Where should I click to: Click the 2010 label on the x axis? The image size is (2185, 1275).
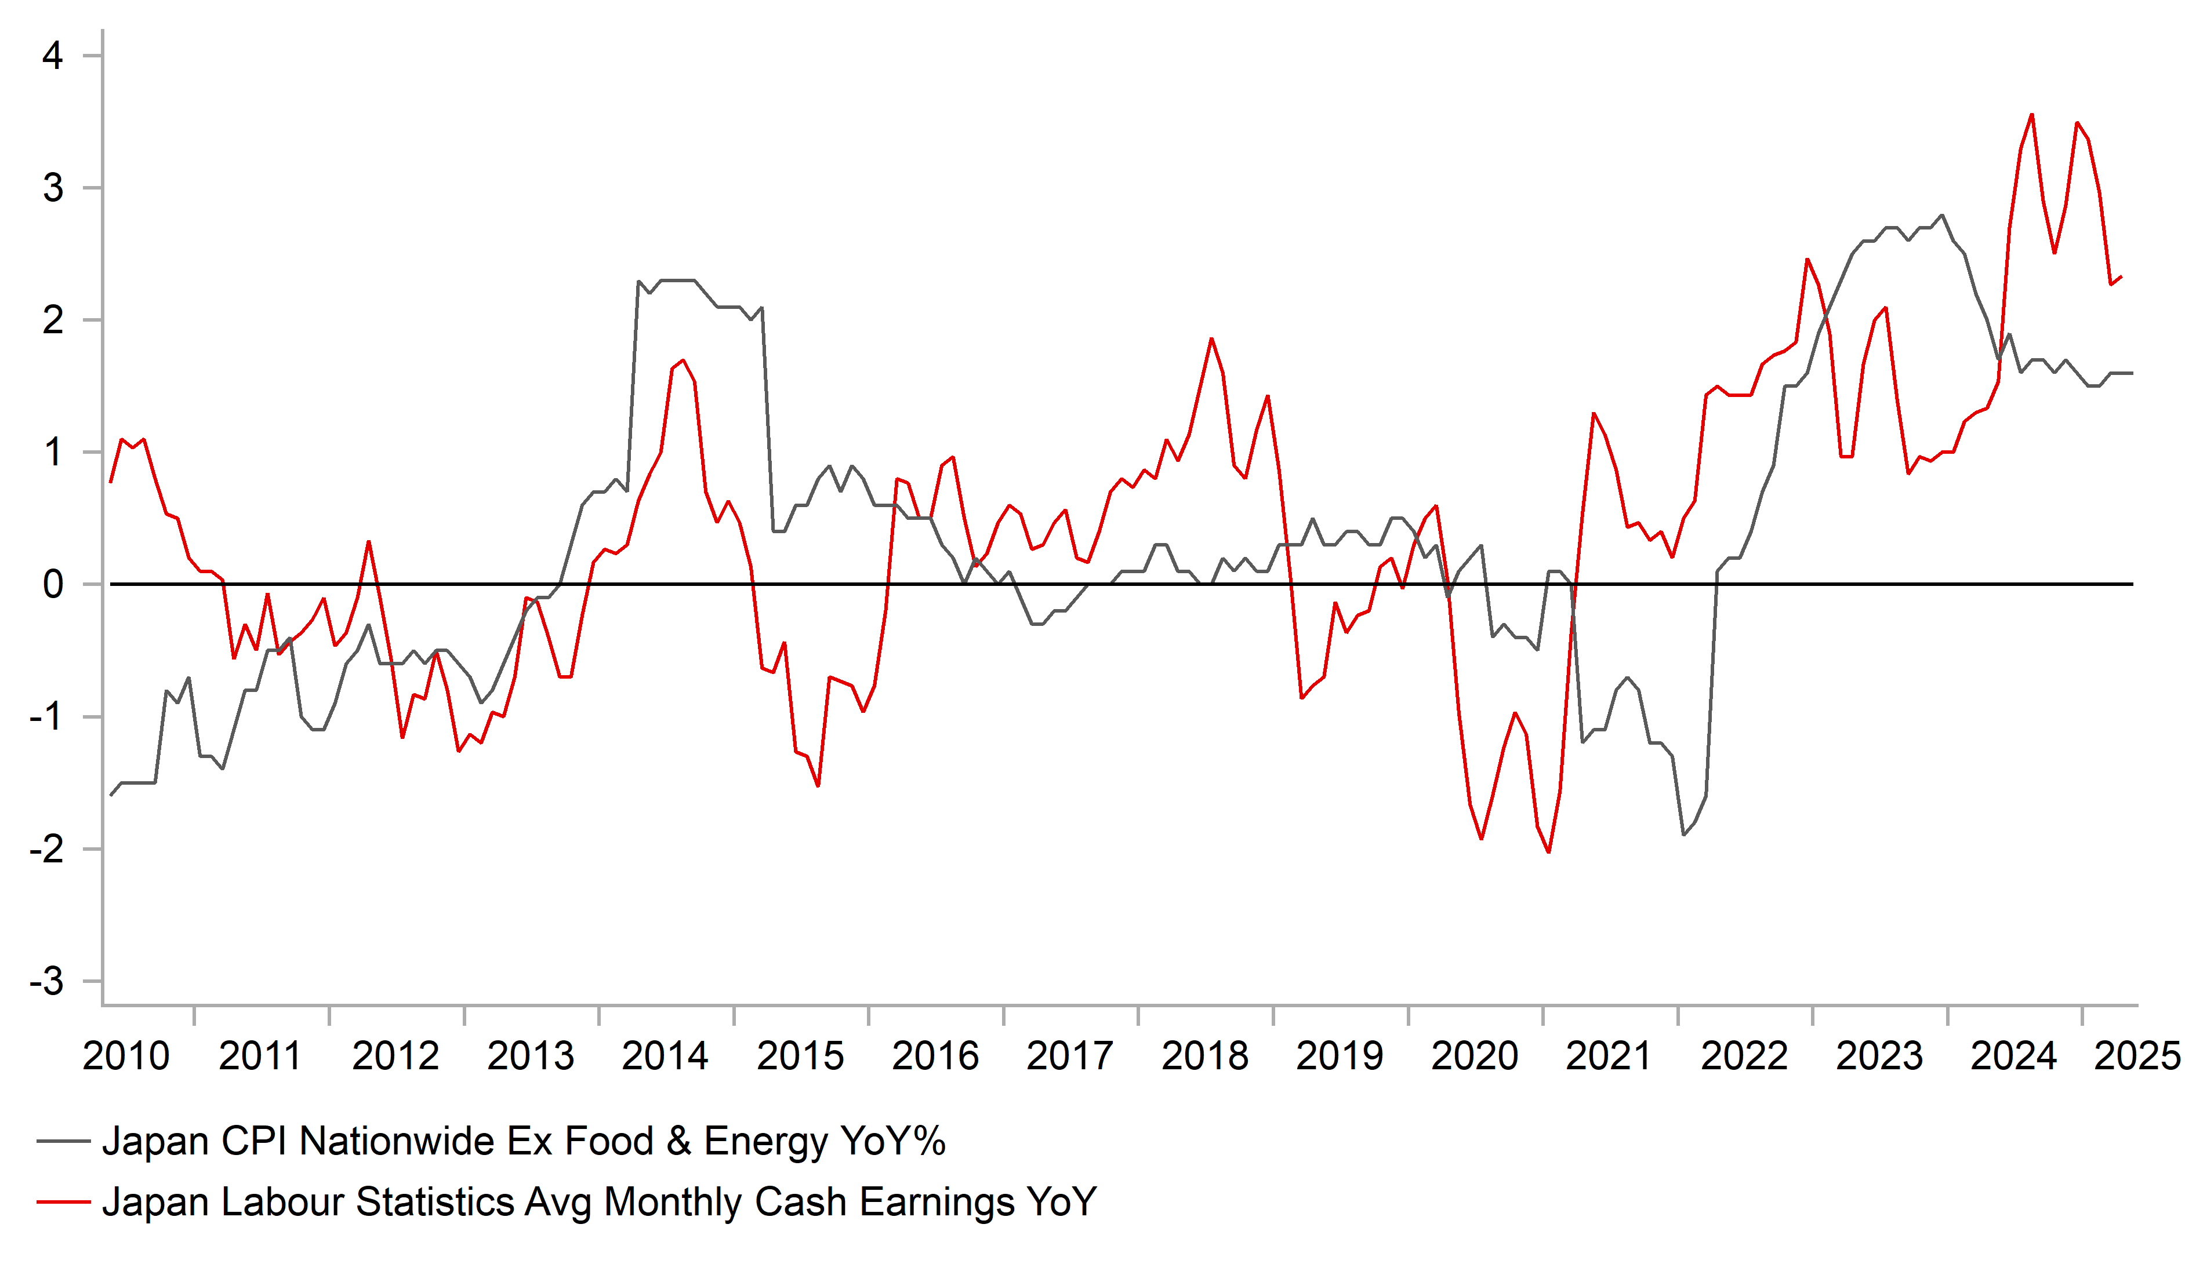[x=126, y=1056]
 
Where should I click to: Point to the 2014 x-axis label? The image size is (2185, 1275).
[x=665, y=1056]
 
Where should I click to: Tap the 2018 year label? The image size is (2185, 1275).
[x=1204, y=1056]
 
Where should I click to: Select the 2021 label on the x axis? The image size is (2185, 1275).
[x=1609, y=1056]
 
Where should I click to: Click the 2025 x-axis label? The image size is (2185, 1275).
[x=2137, y=1056]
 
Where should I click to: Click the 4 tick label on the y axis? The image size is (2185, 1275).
[x=53, y=56]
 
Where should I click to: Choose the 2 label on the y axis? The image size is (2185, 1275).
[x=53, y=320]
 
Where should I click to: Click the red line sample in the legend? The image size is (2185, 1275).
[x=63, y=1202]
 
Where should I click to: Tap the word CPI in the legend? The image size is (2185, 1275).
[x=253, y=1141]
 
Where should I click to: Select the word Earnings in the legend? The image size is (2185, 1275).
[x=937, y=1202]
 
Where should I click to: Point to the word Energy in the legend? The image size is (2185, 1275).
[x=765, y=1141]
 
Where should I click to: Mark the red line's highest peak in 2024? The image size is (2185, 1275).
[x=2031, y=114]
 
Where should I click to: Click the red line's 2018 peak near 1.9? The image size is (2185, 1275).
[x=1211, y=339]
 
